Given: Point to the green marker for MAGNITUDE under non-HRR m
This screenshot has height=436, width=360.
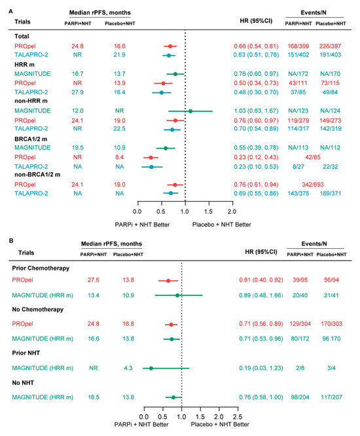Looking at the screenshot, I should pyautogui.click(x=190, y=111).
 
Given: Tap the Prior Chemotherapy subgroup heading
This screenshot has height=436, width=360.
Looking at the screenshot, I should pyautogui.click(x=41, y=269).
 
